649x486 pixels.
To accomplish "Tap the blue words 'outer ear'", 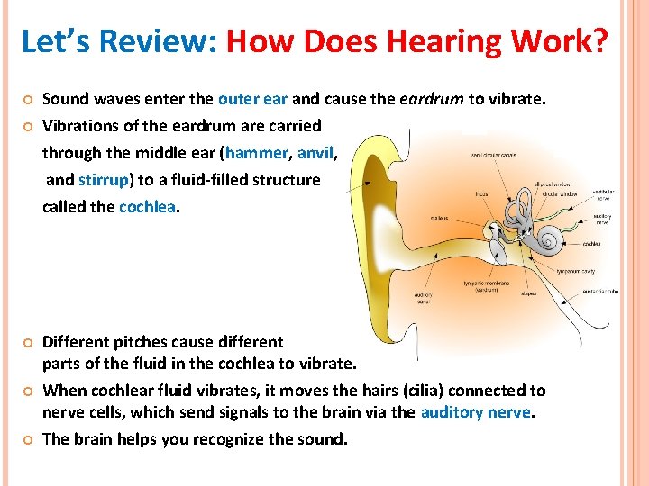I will pos(252,100).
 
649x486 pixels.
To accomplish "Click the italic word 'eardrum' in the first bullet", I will pos(430,100).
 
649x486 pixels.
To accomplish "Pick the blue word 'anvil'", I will pos(315,153).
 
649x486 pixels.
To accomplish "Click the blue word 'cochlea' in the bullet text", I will pos(148,206).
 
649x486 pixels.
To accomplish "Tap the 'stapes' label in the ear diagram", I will pos(528,292).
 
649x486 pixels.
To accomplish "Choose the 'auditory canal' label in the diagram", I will pos(423,298).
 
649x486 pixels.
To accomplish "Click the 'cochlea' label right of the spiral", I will pos(591,243).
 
